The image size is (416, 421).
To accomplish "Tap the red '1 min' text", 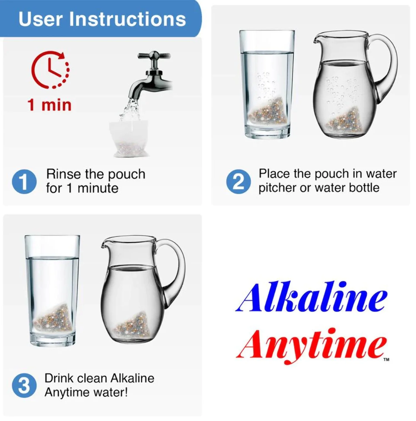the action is click(x=49, y=105).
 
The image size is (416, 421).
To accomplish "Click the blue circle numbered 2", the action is click(x=239, y=181).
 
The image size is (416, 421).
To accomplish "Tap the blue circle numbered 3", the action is click(x=24, y=385).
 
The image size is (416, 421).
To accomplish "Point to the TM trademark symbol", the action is click(x=386, y=360).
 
